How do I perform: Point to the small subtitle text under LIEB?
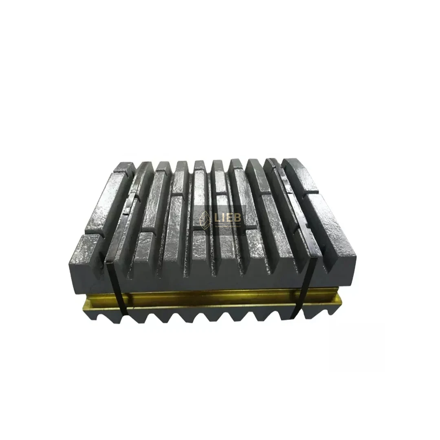coord(229,227)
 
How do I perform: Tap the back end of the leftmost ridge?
coord(124,167)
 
